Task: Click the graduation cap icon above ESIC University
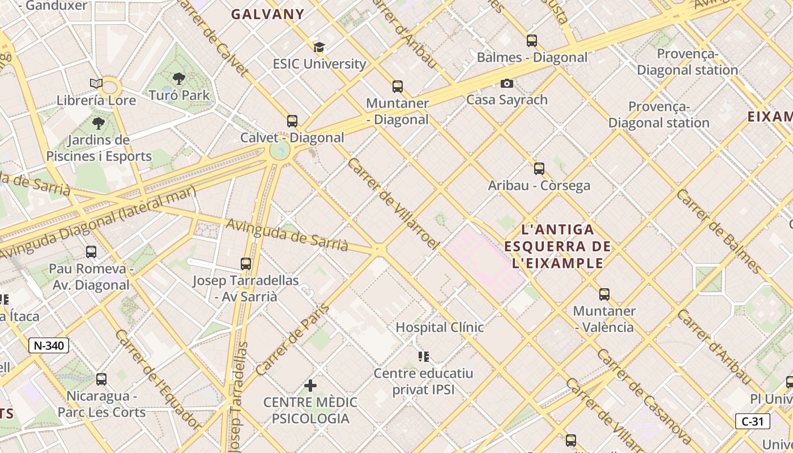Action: [x=319, y=47]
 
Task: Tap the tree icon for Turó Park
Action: [x=179, y=79]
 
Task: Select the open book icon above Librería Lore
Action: [x=96, y=84]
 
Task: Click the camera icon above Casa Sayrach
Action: [x=507, y=83]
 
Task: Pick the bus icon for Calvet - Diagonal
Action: [x=292, y=121]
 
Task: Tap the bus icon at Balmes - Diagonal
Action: [x=532, y=41]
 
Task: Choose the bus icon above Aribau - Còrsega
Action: [x=539, y=168]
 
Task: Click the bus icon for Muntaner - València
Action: [x=604, y=294]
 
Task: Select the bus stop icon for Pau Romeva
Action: [x=91, y=252]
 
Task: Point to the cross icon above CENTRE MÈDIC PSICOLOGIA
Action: [x=310, y=386]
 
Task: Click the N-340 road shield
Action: [x=49, y=345]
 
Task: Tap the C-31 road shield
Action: [x=753, y=421]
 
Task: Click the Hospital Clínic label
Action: [x=440, y=327]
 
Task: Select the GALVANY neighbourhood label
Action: [x=267, y=15]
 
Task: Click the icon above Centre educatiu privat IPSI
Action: [x=424, y=356]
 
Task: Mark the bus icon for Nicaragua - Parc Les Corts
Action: [x=101, y=379]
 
